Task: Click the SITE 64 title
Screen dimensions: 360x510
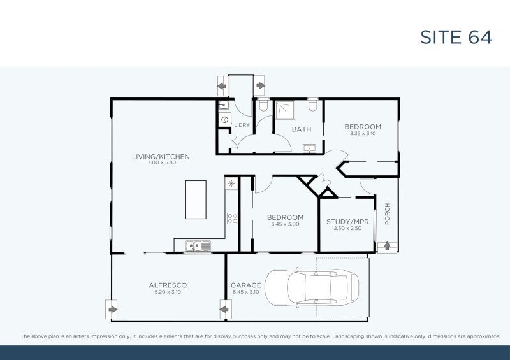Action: (456, 37)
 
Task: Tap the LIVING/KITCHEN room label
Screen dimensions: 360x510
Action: (161, 156)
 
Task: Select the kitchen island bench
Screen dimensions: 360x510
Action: (195, 200)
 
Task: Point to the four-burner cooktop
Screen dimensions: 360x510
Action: (232, 219)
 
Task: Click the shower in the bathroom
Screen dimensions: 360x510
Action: (286, 110)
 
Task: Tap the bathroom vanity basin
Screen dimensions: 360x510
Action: (309, 149)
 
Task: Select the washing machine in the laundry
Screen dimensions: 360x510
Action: (224, 120)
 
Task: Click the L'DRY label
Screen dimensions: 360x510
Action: (242, 125)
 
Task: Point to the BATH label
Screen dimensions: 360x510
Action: (302, 129)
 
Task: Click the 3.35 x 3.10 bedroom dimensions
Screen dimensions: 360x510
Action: (363, 134)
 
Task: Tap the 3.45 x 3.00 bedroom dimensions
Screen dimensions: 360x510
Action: (285, 224)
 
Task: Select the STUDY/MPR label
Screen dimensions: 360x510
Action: (348, 221)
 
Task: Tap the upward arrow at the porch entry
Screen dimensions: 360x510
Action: (386, 246)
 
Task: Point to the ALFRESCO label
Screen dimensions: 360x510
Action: (168, 285)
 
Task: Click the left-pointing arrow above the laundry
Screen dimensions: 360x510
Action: (222, 85)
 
